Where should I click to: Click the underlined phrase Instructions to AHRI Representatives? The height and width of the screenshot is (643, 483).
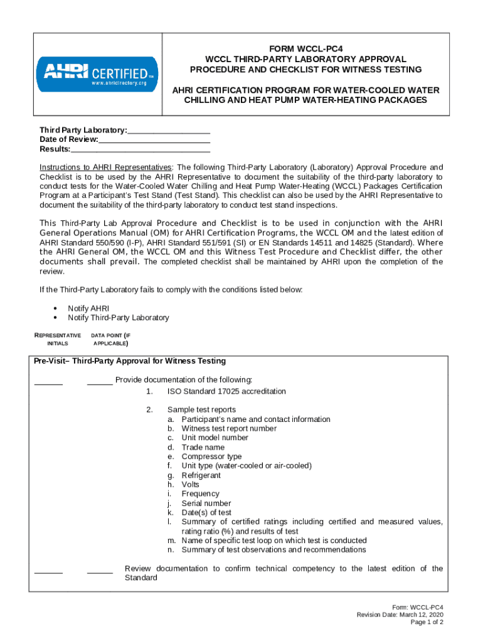(105, 168)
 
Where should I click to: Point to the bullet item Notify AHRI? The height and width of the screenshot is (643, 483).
(88, 308)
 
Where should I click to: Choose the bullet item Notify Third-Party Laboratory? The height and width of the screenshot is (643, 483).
(118, 318)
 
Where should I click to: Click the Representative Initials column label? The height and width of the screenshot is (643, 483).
(57, 339)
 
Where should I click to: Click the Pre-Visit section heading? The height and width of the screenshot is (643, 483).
(130, 361)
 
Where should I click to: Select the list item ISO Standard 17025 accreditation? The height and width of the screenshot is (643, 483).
(226, 391)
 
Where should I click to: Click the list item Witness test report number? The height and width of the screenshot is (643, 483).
(229, 428)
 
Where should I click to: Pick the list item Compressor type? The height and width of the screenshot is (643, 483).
(211, 457)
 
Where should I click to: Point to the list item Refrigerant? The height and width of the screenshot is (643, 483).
(201, 475)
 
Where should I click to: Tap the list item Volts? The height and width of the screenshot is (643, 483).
(190, 485)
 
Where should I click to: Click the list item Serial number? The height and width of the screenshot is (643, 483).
(206, 503)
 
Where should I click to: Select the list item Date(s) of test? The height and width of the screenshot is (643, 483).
(206, 512)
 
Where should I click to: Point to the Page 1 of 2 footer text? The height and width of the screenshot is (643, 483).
(427, 622)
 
